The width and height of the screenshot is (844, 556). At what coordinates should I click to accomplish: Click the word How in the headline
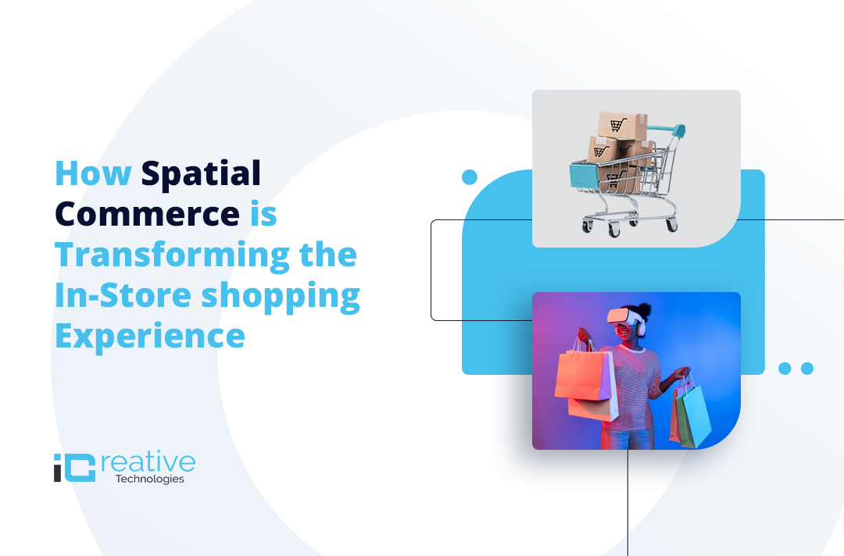93,173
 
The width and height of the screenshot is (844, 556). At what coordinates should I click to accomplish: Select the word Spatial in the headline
201,174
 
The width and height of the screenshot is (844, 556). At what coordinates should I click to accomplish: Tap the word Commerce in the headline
147,214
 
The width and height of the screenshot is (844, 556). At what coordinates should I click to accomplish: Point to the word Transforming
172,256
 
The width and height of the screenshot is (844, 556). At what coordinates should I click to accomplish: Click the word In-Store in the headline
123,295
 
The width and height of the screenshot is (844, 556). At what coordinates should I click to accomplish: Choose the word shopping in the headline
281,298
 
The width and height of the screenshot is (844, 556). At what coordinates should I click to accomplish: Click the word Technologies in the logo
149,479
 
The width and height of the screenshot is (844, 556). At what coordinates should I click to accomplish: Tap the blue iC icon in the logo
74,467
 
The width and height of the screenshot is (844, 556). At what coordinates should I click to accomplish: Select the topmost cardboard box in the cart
622,125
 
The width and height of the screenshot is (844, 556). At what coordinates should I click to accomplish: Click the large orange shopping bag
584,377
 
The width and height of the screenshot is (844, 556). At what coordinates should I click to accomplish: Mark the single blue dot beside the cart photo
470,177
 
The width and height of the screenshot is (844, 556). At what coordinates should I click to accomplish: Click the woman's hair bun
644,310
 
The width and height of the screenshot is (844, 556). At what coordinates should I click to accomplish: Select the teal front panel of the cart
585,176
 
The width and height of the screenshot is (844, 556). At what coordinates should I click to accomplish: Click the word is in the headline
263,214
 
